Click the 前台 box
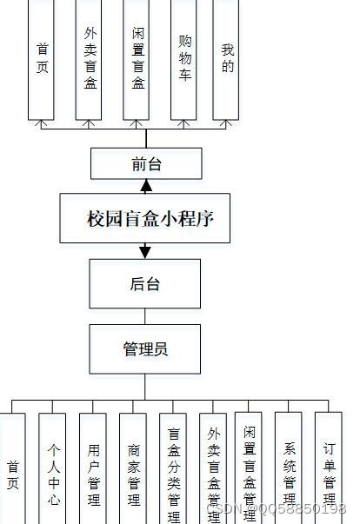[146, 163]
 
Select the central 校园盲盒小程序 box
[145, 218]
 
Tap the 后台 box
[144, 284]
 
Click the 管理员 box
[144, 349]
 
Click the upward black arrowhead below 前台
[146, 186]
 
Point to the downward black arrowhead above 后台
[145, 252]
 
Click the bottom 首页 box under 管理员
[12, 469]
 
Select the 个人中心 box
[52, 469]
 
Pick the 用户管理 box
[93, 469]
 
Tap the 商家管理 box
[133, 469]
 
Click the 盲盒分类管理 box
[173, 469]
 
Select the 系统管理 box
[289, 469]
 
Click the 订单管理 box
[328, 469]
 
